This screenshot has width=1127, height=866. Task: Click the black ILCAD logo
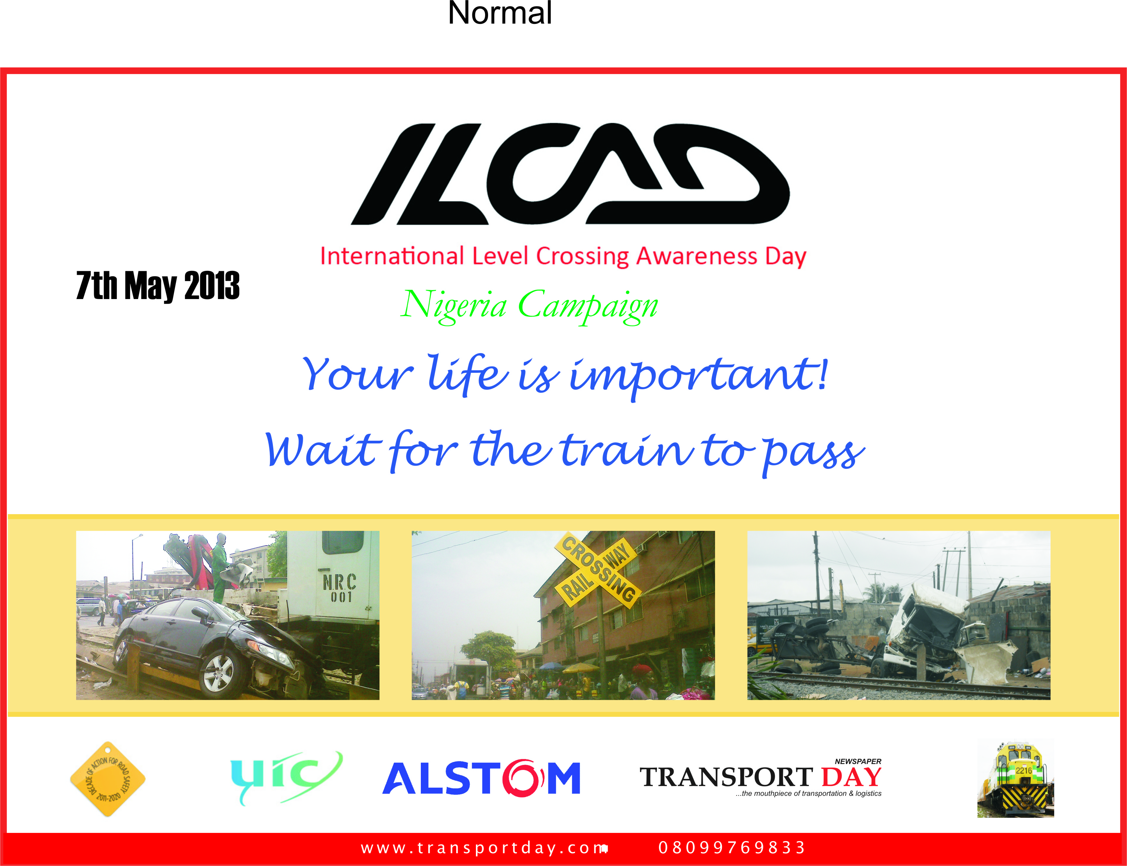[x=570, y=174]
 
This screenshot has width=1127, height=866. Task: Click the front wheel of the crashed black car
[x=219, y=672]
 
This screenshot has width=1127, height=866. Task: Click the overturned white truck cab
[x=928, y=632]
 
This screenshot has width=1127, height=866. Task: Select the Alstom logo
[x=482, y=777]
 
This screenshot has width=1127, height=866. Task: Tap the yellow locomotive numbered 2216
[x=1015, y=779]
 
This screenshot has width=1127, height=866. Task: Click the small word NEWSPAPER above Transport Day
[x=858, y=761]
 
